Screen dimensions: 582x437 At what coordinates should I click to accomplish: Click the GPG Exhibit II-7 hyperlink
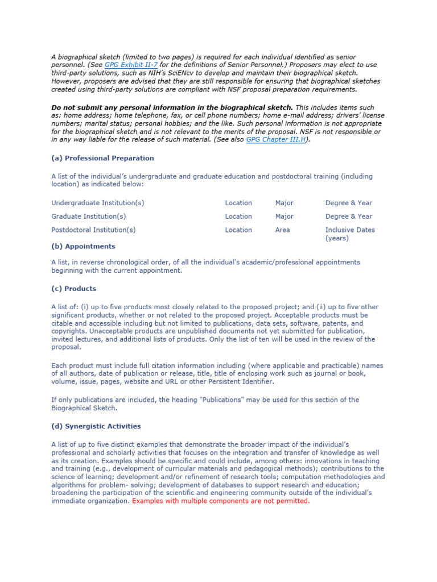pyautogui.click(x=131, y=65)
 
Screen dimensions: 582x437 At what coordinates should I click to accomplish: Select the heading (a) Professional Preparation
pyautogui.click(x=102, y=158)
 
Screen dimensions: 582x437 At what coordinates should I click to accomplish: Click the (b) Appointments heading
pyautogui.click(x=83, y=246)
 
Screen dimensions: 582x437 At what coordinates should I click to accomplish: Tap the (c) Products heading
pyautogui.click(x=73, y=289)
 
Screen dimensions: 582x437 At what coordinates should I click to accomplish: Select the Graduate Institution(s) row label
pyautogui.click(x=89, y=217)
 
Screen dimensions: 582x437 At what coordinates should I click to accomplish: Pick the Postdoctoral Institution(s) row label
pyautogui.click(x=94, y=230)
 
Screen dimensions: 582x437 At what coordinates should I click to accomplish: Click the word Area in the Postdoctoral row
pyautogui.click(x=282, y=230)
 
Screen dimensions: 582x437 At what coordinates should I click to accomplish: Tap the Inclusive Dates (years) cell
pyautogui.click(x=349, y=234)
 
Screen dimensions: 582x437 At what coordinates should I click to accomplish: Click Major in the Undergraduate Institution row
pyautogui.click(x=284, y=203)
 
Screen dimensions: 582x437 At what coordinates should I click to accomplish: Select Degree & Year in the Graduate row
pyautogui.click(x=348, y=217)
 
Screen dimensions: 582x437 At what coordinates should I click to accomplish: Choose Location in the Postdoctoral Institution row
pyautogui.click(x=238, y=230)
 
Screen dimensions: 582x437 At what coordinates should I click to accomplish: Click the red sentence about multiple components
pyautogui.click(x=221, y=501)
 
